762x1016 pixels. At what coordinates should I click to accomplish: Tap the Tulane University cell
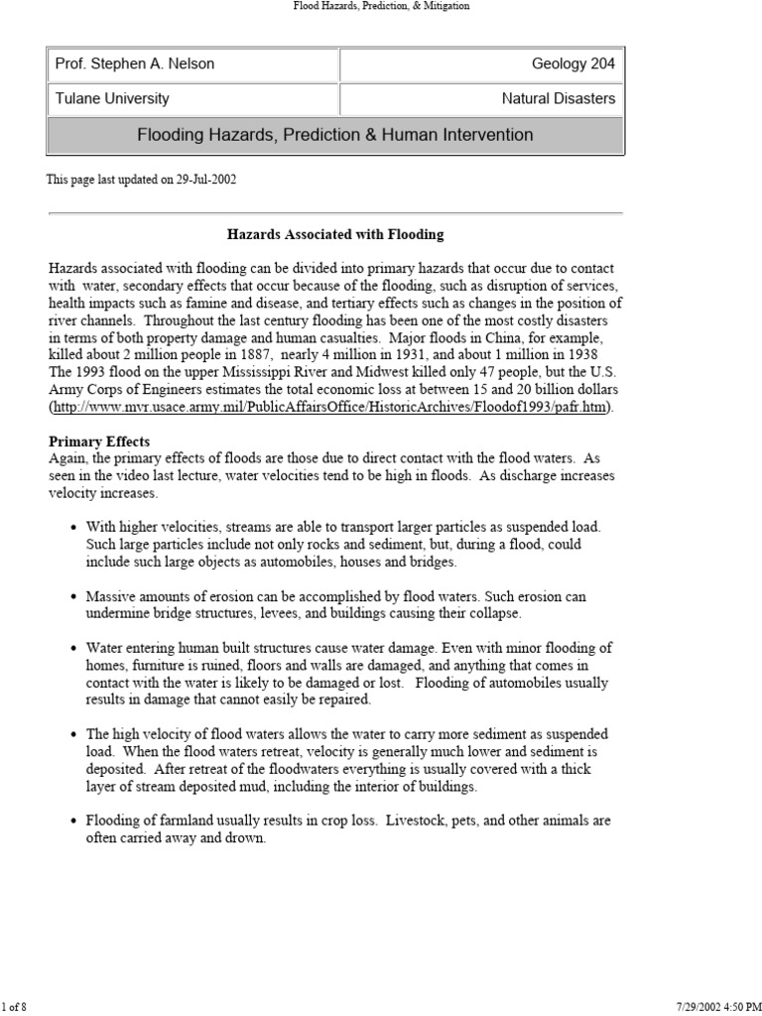click(x=112, y=98)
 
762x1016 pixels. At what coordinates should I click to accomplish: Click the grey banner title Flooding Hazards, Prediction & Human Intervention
click(x=334, y=135)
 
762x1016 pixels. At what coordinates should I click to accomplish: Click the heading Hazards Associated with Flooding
click(x=334, y=235)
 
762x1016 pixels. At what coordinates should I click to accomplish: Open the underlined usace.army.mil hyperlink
click(x=330, y=408)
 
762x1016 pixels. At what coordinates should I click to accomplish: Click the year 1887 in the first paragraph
click(x=253, y=355)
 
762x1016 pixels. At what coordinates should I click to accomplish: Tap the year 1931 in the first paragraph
click(x=392, y=355)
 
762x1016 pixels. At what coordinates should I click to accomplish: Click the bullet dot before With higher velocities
click(x=74, y=527)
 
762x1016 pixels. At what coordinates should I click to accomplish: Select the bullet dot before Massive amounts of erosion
click(x=74, y=597)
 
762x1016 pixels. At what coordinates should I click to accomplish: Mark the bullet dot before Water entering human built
click(x=74, y=648)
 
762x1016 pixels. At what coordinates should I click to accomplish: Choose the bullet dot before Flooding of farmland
click(x=74, y=822)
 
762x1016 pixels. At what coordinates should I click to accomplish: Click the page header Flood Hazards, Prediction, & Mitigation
click(x=381, y=6)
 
